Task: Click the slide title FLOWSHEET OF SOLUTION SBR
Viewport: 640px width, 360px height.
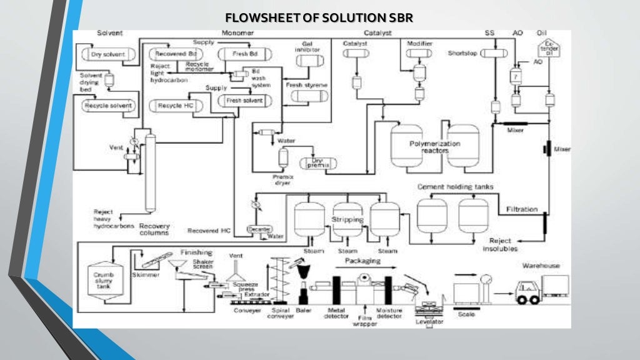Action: (x=319, y=17)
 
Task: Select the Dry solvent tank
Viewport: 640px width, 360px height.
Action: (x=107, y=54)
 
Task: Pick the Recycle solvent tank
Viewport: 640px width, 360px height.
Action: (x=109, y=106)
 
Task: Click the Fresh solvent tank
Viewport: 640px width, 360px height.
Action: (x=244, y=100)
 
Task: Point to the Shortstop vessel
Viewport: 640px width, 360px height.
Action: (x=494, y=54)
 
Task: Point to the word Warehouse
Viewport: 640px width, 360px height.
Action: (x=541, y=266)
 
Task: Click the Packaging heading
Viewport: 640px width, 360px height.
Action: (x=362, y=261)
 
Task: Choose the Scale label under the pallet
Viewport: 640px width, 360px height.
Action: (x=466, y=314)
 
